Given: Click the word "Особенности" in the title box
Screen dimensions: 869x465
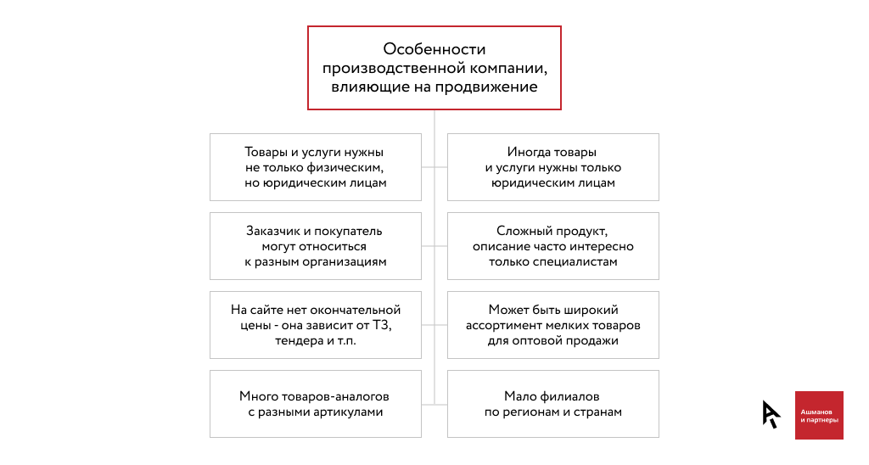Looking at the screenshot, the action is point(434,49).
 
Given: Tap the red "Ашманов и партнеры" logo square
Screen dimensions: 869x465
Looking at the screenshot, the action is point(819,415).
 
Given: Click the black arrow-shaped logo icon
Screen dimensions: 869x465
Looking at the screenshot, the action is point(771,414).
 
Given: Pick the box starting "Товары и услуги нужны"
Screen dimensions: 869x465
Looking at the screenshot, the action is point(316,167).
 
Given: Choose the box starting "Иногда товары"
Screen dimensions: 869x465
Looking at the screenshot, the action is point(553,167).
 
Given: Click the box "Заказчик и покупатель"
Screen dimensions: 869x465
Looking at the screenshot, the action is point(316,246).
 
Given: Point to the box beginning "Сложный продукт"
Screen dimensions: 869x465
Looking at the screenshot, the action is point(553,246).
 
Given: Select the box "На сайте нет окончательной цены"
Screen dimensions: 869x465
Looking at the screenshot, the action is point(316,325).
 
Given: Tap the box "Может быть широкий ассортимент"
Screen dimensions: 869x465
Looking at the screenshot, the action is point(553,325).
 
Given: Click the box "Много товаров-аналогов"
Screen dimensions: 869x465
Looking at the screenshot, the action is point(316,404).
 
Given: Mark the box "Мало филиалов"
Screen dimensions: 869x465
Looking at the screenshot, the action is point(553,404).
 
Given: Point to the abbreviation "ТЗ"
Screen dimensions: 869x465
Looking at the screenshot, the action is point(382,325).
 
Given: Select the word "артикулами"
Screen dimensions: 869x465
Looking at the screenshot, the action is point(348,412).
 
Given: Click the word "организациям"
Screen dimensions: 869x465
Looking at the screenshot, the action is point(348,262).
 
